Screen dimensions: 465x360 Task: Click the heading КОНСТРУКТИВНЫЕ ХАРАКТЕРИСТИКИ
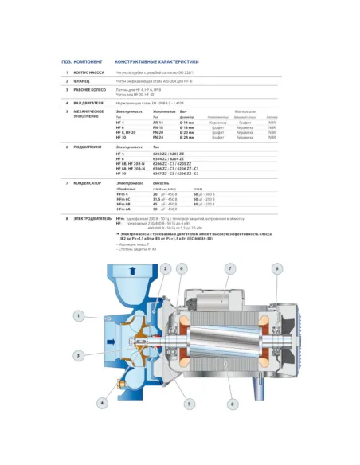click(x=156, y=61)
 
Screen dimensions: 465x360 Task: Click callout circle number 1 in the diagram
click(x=78, y=316)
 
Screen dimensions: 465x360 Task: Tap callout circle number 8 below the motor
click(x=231, y=404)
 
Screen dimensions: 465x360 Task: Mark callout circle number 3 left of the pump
click(x=78, y=354)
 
